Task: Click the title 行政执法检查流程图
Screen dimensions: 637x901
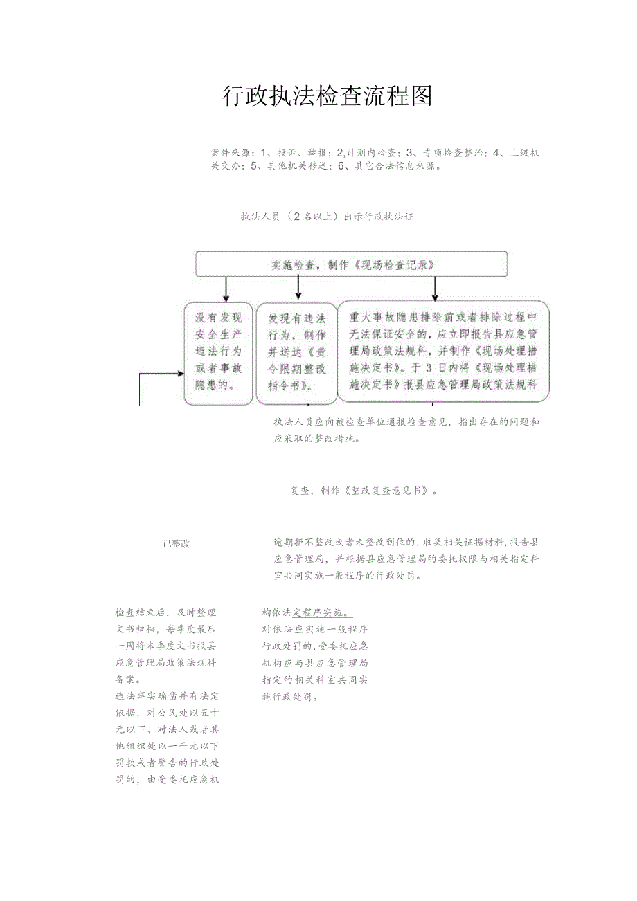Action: [x=327, y=96]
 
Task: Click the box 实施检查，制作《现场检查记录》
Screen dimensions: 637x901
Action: [x=351, y=264]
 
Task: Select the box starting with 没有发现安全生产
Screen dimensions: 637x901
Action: [x=219, y=352]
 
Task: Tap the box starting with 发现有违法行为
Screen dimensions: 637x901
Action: [x=296, y=352]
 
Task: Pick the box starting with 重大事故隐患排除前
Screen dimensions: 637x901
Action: [x=443, y=352]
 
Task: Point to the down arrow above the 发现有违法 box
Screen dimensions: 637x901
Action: [x=298, y=286]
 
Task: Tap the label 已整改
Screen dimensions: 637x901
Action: [x=177, y=544]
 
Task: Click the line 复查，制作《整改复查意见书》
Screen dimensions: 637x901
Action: [x=364, y=491]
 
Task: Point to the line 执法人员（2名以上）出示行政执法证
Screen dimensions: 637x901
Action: [x=327, y=217]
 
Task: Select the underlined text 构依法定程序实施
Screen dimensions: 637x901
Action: [x=307, y=613]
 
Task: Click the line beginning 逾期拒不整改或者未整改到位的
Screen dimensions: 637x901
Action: [x=406, y=543]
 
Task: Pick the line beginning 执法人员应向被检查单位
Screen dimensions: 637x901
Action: [x=406, y=421]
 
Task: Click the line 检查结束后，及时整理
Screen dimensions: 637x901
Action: [x=165, y=612]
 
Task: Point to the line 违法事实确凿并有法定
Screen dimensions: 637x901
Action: [x=167, y=696]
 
